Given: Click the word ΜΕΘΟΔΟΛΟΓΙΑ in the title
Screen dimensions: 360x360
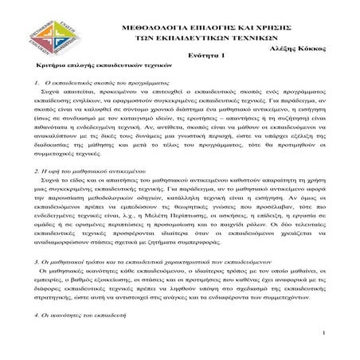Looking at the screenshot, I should [151, 26].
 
